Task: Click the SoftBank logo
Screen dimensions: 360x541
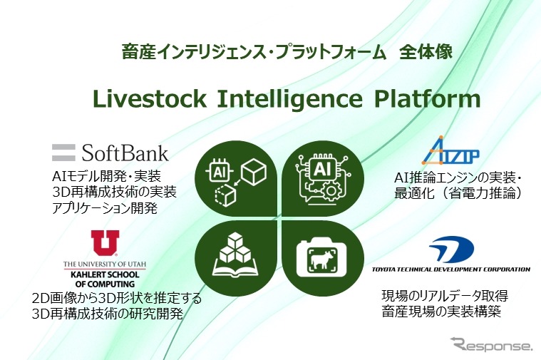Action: point(110,152)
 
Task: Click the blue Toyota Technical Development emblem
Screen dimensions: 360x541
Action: point(450,250)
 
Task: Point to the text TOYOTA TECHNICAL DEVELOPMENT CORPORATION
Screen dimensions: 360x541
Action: point(451,269)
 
